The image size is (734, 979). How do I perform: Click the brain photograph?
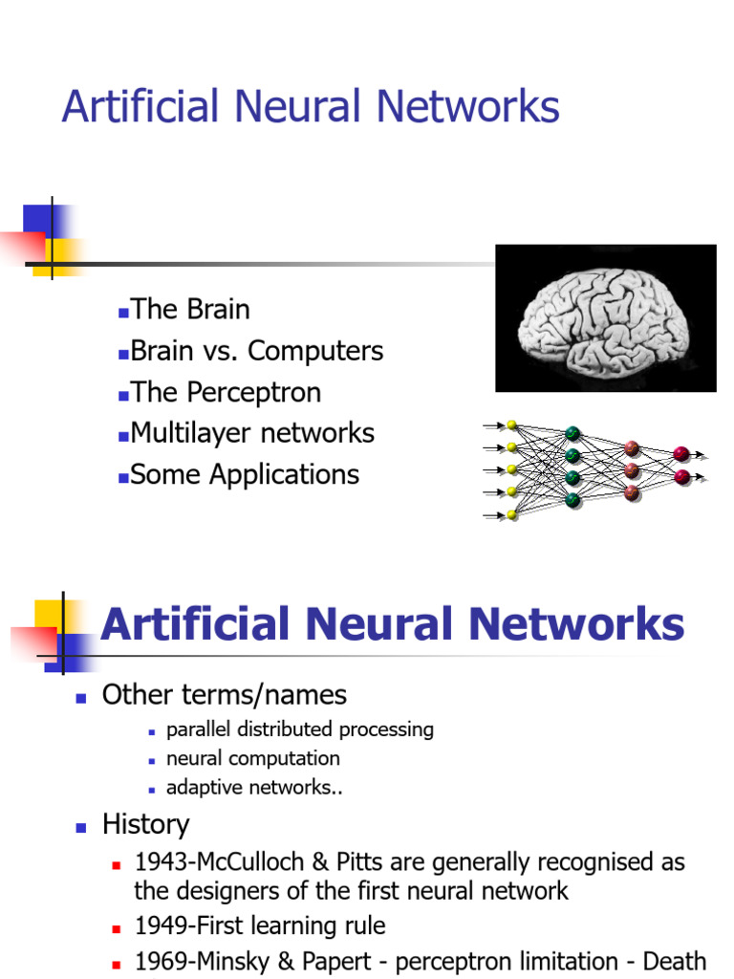coord(605,318)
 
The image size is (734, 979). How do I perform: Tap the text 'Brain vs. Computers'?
coord(256,351)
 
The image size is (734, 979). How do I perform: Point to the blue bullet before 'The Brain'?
coord(123,312)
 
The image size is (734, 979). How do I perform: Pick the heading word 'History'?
coord(145,825)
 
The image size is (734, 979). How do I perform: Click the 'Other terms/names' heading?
coord(224,695)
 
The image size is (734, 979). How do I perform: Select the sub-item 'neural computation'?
coord(252,758)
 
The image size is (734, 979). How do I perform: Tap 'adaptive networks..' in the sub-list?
coord(254,788)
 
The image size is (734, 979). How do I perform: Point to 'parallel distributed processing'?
coord(299,729)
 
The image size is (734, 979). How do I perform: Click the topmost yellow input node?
coord(512,425)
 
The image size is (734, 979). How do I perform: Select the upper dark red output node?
coord(681,453)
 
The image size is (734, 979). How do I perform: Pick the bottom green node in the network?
coord(572,499)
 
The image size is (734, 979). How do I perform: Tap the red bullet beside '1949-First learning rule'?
coord(116,929)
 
